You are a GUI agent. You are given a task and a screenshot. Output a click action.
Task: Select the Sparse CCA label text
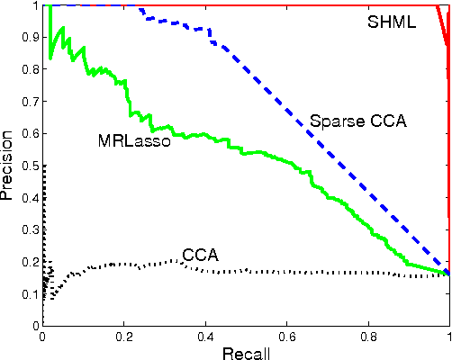(x=357, y=121)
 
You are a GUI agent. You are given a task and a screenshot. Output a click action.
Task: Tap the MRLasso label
(x=134, y=140)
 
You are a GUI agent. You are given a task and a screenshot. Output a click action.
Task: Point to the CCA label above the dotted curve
(x=199, y=255)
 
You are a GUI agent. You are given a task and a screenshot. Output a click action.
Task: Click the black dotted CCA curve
(x=270, y=271)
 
